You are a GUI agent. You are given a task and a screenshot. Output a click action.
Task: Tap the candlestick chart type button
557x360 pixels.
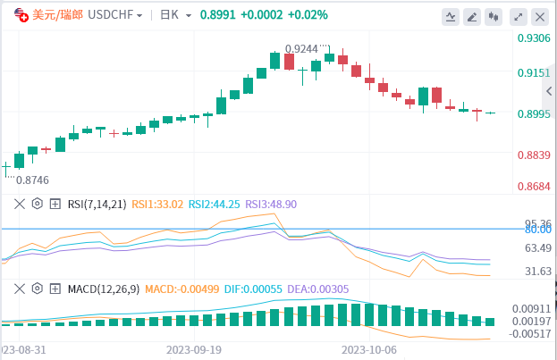click(495, 16)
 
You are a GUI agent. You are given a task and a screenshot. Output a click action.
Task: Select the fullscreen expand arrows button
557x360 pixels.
click(518, 16)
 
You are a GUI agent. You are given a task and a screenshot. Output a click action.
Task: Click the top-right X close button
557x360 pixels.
click(539, 16)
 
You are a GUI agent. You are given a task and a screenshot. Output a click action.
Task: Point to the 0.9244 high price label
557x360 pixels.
click(302, 49)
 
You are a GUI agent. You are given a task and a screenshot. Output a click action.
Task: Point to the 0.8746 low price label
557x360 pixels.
click(32, 179)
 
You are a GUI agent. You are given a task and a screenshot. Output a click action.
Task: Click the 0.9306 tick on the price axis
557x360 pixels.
click(533, 38)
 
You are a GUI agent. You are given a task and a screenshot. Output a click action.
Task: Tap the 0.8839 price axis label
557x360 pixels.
click(533, 155)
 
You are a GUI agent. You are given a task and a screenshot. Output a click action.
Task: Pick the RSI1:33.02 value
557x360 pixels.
click(157, 204)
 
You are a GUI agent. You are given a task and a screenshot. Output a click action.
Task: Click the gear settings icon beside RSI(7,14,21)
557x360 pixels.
click(38, 204)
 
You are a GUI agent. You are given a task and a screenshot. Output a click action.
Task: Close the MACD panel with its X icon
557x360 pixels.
click(18, 289)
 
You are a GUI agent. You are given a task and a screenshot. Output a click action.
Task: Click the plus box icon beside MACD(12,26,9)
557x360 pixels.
click(55, 289)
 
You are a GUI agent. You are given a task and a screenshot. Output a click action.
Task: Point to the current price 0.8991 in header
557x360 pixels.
click(218, 15)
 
